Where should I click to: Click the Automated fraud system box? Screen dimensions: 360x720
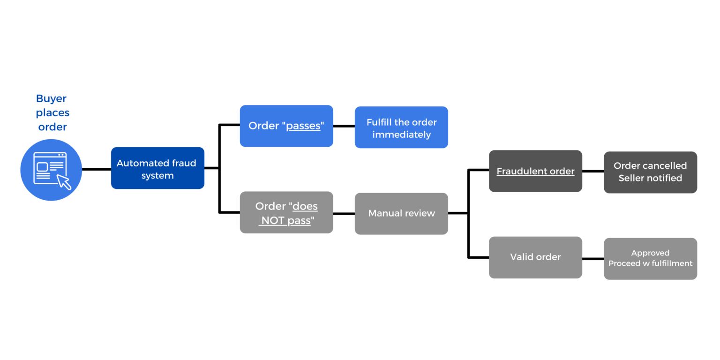pyautogui.click(x=157, y=168)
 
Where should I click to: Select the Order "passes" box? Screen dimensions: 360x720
pyautogui.click(x=286, y=126)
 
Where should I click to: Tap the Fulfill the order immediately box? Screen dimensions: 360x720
pyautogui.click(x=401, y=127)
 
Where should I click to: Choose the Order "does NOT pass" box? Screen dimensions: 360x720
pyautogui.click(x=286, y=212)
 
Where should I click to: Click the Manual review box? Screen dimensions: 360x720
pyautogui.click(x=401, y=214)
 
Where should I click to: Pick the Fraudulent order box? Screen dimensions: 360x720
pyautogui.click(x=535, y=171)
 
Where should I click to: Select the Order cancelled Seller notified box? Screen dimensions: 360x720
pyautogui.click(x=650, y=172)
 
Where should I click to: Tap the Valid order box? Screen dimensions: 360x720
pyautogui.click(x=535, y=257)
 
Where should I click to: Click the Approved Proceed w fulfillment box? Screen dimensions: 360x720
pyautogui.click(x=650, y=259)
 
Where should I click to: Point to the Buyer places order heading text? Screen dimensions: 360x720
pyautogui.click(x=52, y=112)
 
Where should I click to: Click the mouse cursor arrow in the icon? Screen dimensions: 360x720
pyautogui.click(x=64, y=181)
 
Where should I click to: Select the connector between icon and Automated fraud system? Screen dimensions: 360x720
pyautogui.click(x=96, y=169)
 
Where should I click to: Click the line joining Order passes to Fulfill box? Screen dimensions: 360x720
pyautogui.click(x=344, y=126)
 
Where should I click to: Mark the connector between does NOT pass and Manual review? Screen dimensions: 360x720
pyautogui.click(x=344, y=214)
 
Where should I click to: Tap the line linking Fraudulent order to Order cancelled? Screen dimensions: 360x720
pyautogui.click(x=592, y=171)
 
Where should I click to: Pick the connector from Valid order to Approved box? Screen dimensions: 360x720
pyautogui.click(x=592, y=259)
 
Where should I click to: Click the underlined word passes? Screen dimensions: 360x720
pyautogui.click(x=303, y=126)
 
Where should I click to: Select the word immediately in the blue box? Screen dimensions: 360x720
pyautogui.click(x=401, y=135)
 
